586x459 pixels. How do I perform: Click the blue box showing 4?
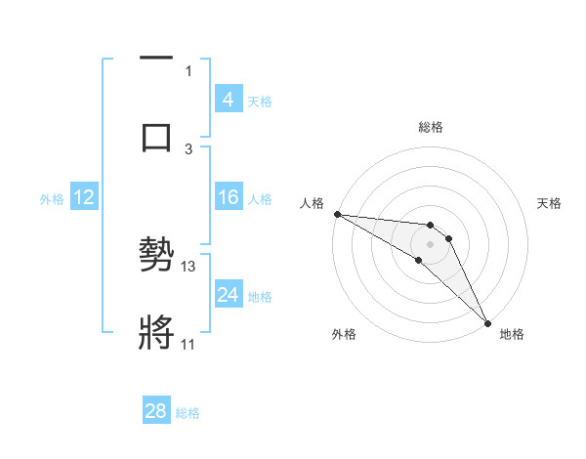coord(228,100)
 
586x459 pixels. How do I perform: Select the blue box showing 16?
coord(228,198)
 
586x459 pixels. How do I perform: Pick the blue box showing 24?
coord(228,295)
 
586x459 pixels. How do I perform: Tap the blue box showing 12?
coord(84,198)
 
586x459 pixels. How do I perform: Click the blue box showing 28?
coord(156,412)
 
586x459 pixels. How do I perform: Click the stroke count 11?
coord(188,344)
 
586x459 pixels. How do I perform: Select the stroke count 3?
coord(188,148)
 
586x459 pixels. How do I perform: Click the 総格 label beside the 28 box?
coord(188,413)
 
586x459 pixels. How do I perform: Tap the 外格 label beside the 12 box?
coord(52,199)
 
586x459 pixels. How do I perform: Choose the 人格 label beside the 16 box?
coord(260,199)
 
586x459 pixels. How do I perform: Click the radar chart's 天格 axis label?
coord(550,203)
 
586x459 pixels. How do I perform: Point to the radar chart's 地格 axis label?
coord(512,334)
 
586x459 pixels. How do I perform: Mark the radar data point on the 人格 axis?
coord(337,214)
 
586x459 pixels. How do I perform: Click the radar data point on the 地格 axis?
coord(487,322)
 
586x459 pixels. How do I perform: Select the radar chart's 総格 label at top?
coord(431,127)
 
